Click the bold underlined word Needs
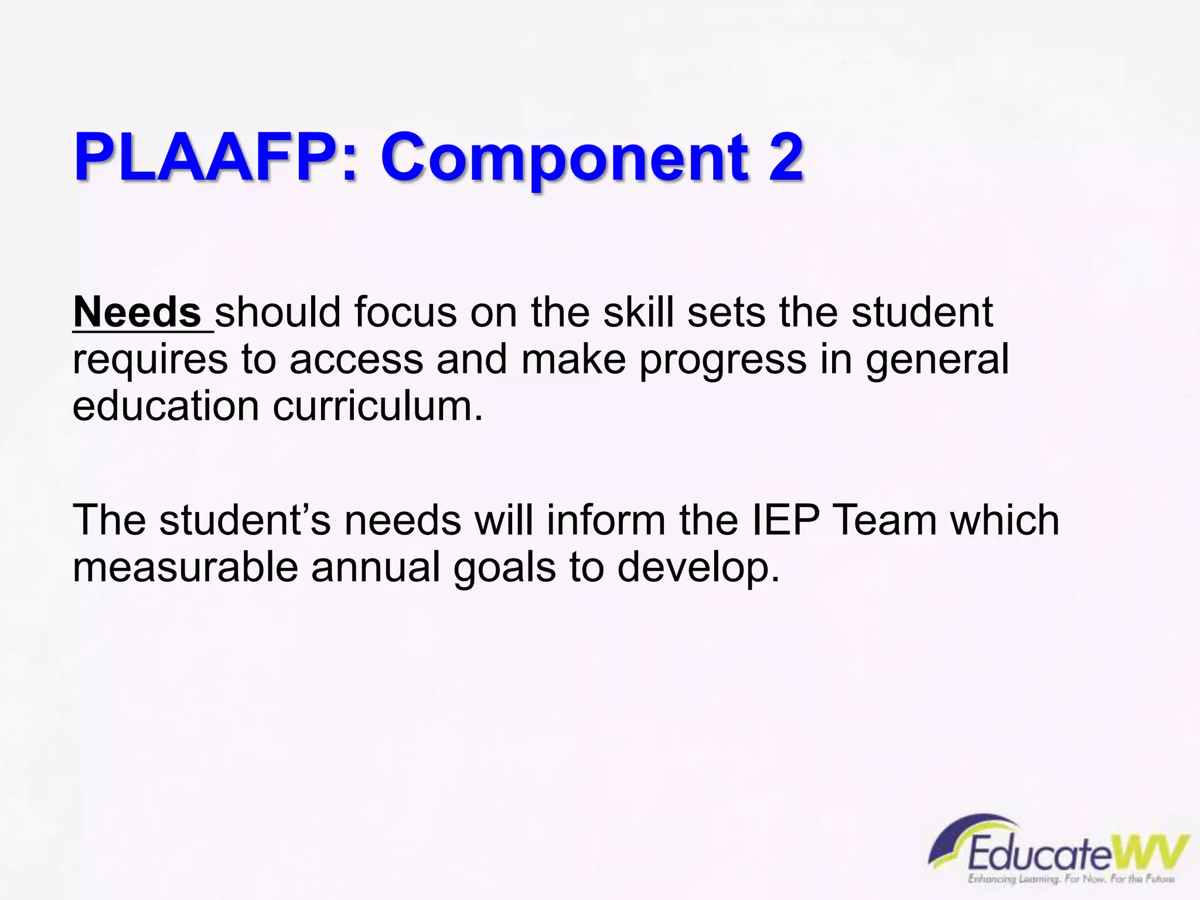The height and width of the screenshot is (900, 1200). click(x=138, y=312)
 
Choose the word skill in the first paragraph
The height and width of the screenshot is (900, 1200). click(x=638, y=312)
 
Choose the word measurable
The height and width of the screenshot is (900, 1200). click(x=185, y=567)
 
